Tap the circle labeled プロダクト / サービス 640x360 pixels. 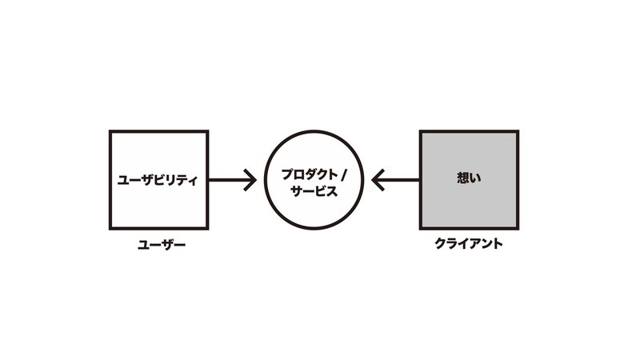point(314,181)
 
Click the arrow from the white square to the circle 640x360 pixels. point(232,181)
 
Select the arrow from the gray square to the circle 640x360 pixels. point(396,181)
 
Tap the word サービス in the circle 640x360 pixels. point(314,192)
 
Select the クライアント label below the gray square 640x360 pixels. point(468,244)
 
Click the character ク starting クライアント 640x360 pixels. point(439,244)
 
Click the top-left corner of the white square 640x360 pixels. point(109,132)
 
